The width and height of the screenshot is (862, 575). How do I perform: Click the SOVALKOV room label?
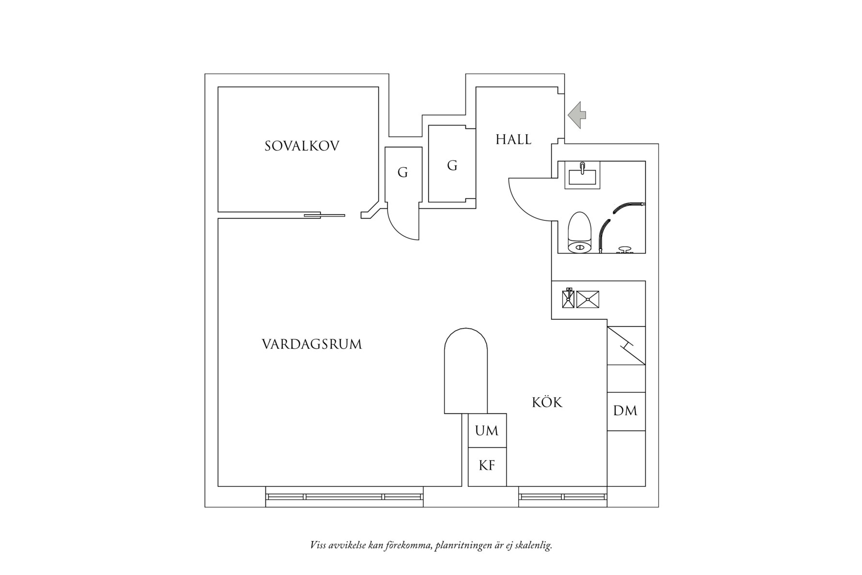(x=302, y=146)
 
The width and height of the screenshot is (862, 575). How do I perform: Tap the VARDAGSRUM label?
(x=312, y=344)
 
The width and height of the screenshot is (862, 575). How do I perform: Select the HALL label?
(x=513, y=140)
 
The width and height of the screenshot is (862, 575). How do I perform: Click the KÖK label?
(x=547, y=403)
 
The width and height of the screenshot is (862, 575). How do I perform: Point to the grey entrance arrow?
(x=577, y=115)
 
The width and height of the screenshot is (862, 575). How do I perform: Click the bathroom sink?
(x=583, y=175)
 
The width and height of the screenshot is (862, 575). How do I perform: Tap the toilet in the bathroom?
(x=580, y=233)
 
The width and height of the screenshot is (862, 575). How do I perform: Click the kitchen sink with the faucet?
(x=568, y=299)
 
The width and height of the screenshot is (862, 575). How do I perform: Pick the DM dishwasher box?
(x=626, y=411)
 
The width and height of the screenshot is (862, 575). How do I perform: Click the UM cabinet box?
(x=487, y=431)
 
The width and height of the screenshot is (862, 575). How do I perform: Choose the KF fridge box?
(x=487, y=466)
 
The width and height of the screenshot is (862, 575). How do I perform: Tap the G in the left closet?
(x=402, y=172)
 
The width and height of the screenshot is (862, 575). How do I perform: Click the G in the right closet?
(x=452, y=166)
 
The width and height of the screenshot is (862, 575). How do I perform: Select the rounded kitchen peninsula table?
(x=465, y=371)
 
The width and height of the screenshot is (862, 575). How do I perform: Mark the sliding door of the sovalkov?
(x=324, y=215)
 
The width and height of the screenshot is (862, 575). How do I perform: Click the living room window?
(x=344, y=497)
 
